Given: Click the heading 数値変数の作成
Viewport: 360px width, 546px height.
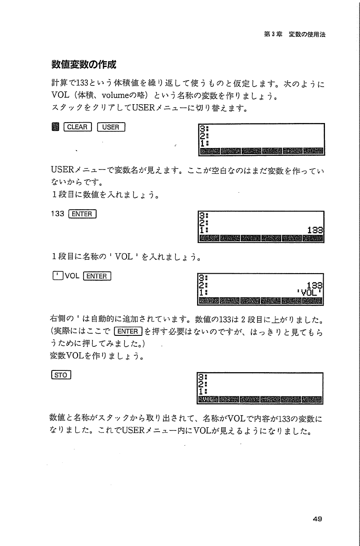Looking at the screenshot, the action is (84, 65).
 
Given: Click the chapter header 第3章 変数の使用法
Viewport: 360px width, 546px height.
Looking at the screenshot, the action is (295, 34).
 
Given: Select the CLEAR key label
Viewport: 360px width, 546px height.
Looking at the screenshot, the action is (78, 127).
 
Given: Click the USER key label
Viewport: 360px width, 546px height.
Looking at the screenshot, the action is (111, 127).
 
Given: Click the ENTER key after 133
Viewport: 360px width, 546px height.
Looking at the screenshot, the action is (82, 214).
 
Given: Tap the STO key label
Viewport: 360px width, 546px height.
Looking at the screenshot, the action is (61, 375).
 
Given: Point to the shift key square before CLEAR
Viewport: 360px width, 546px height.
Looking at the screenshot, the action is (55, 127).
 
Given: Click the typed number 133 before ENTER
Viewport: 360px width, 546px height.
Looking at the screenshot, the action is (57, 214).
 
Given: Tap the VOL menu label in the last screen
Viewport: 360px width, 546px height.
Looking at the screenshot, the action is (208, 399).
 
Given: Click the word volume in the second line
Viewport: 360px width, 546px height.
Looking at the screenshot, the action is (116, 95).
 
